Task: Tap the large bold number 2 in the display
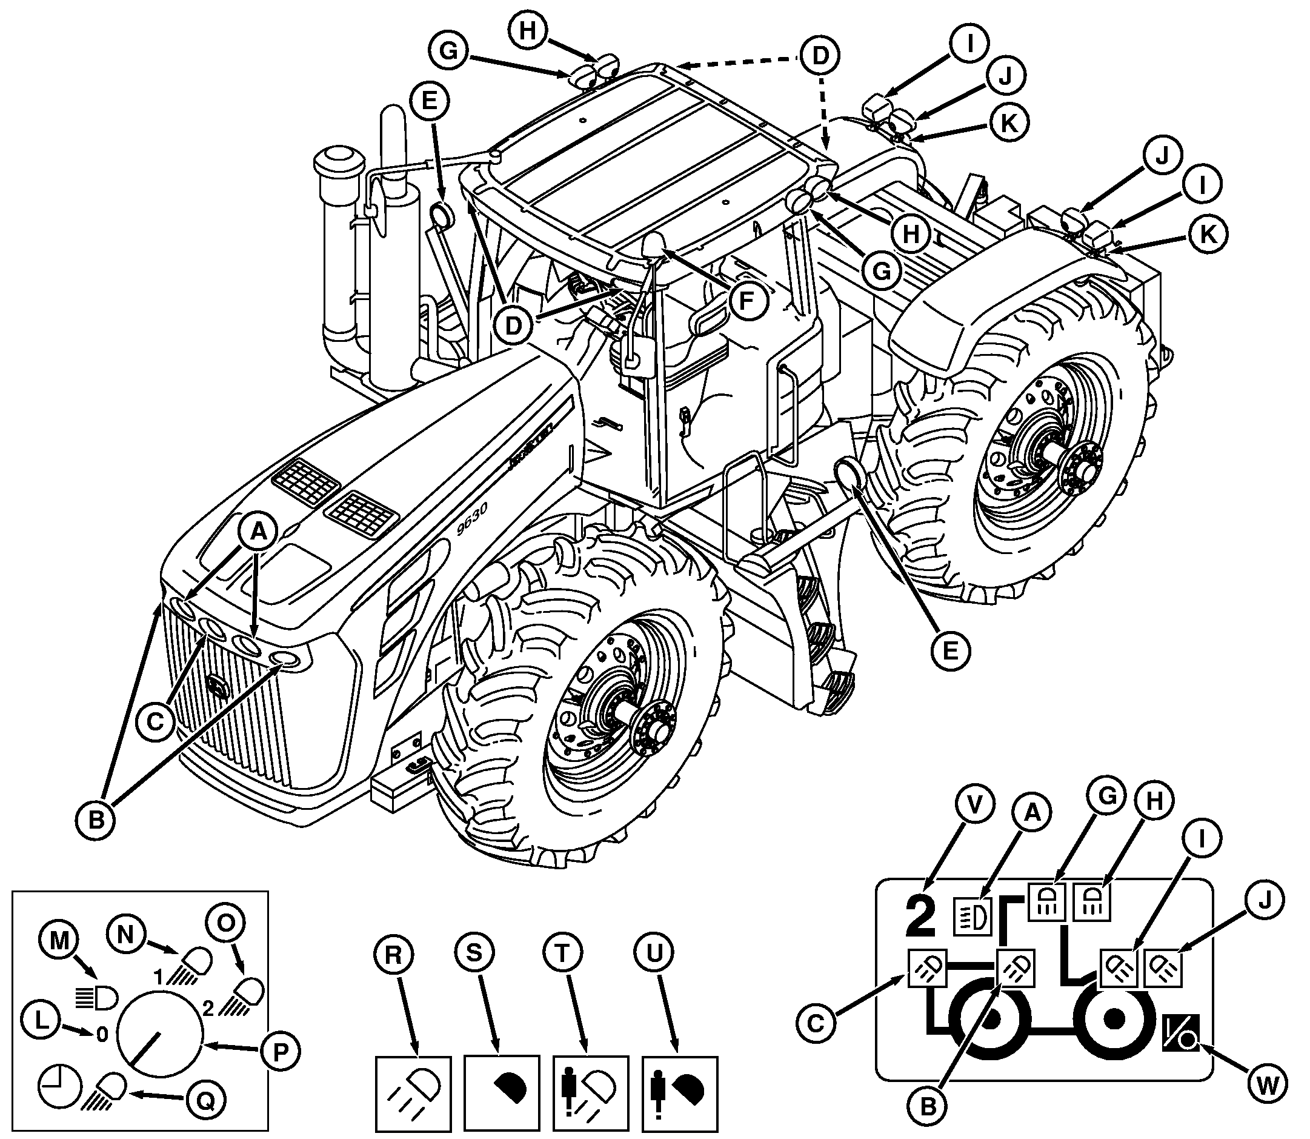pos(921,917)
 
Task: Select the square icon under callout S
pos(502,1094)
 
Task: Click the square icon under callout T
pos(591,1094)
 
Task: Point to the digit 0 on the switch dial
pos(102,1035)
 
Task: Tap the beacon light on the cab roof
pos(654,245)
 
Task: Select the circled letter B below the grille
pos(96,820)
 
